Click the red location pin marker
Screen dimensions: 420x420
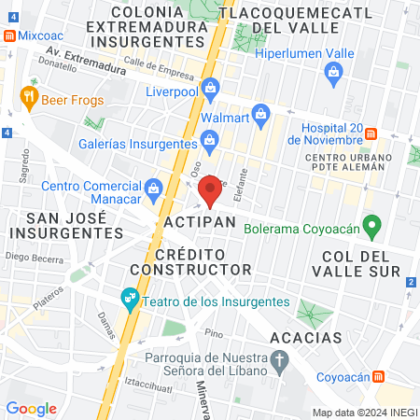(211, 189)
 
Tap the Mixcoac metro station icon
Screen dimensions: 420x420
(9, 35)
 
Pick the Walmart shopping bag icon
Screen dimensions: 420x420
(262, 118)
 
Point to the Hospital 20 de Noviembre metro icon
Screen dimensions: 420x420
(371, 133)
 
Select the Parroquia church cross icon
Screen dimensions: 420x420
(278, 359)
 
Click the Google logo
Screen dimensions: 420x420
(31, 407)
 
